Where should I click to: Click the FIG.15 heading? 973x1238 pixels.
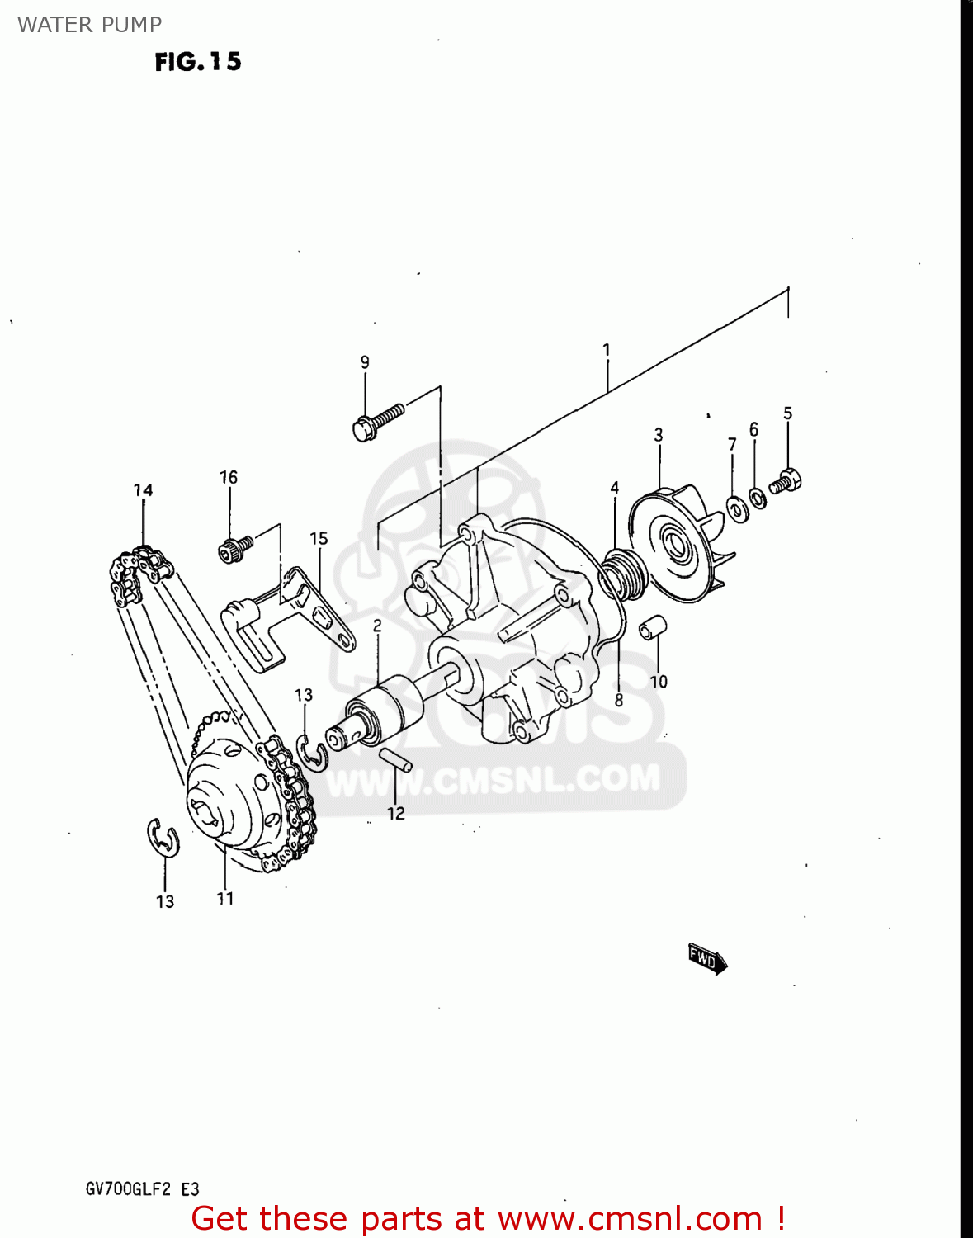[x=198, y=62]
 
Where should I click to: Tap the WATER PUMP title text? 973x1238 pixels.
[x=89, y=25]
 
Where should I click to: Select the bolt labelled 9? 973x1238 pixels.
[x=377, y=420]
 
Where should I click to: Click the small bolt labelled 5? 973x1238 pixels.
[x=786, y=481]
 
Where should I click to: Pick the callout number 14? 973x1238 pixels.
[x=144, y=490]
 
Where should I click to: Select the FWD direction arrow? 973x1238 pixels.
[x=707, y=959]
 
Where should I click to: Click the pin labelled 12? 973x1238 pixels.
[x=396, y=759]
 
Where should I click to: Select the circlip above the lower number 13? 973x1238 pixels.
[x=163, y=838]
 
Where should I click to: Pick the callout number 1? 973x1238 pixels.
[x=607, y=350]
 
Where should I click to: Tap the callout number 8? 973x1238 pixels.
[x=619, y=701]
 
